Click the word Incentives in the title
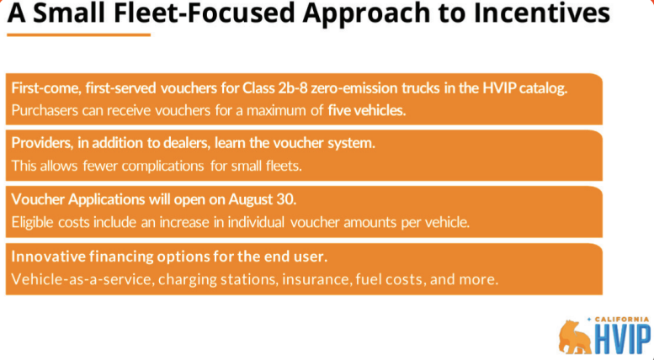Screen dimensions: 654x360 pos(541,13)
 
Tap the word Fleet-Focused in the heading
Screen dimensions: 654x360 pos(204,13)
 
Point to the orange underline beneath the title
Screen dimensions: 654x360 pos(78,35)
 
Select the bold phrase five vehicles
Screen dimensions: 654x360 pos(367,110)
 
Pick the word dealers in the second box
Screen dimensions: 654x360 pos(186,143)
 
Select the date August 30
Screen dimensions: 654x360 pos(263,199)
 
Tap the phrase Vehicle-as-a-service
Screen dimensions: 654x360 pos(82,278)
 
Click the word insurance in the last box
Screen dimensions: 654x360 pos(317,278)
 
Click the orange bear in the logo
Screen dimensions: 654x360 pos(576,336)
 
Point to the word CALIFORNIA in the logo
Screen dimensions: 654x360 pos(622,320)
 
